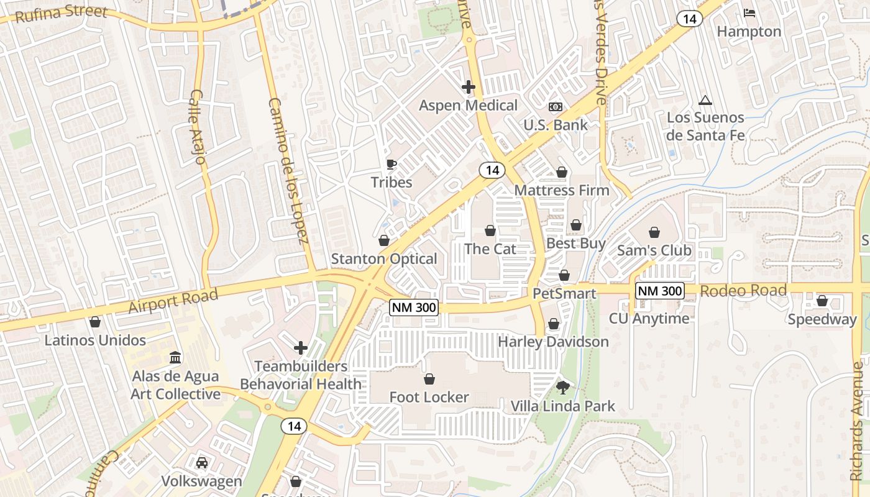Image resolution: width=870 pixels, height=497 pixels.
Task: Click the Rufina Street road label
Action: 61,14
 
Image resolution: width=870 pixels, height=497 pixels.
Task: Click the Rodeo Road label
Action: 743,291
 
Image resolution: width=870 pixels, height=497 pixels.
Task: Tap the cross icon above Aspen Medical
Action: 469,87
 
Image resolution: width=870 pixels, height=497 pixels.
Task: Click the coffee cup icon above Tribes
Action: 391,164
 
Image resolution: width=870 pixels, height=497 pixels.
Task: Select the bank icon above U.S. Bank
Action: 555,107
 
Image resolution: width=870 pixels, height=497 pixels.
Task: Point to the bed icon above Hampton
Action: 749,13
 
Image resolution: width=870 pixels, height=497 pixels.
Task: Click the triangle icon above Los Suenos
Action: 705,100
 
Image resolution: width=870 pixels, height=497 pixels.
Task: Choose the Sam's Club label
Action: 654,250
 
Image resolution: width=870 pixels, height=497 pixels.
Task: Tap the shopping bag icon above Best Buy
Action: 576,225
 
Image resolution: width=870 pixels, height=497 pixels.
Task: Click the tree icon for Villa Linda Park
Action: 562,388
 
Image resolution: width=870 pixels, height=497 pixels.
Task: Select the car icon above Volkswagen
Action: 201,463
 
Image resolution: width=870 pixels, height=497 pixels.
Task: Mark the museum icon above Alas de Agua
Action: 175,358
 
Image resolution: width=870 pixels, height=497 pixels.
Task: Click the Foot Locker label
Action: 429,397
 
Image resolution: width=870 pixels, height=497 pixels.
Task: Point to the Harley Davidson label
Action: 553,342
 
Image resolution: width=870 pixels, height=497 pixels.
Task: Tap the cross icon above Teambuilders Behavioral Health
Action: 301,348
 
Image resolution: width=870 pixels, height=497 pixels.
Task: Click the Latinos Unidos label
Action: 95,340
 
